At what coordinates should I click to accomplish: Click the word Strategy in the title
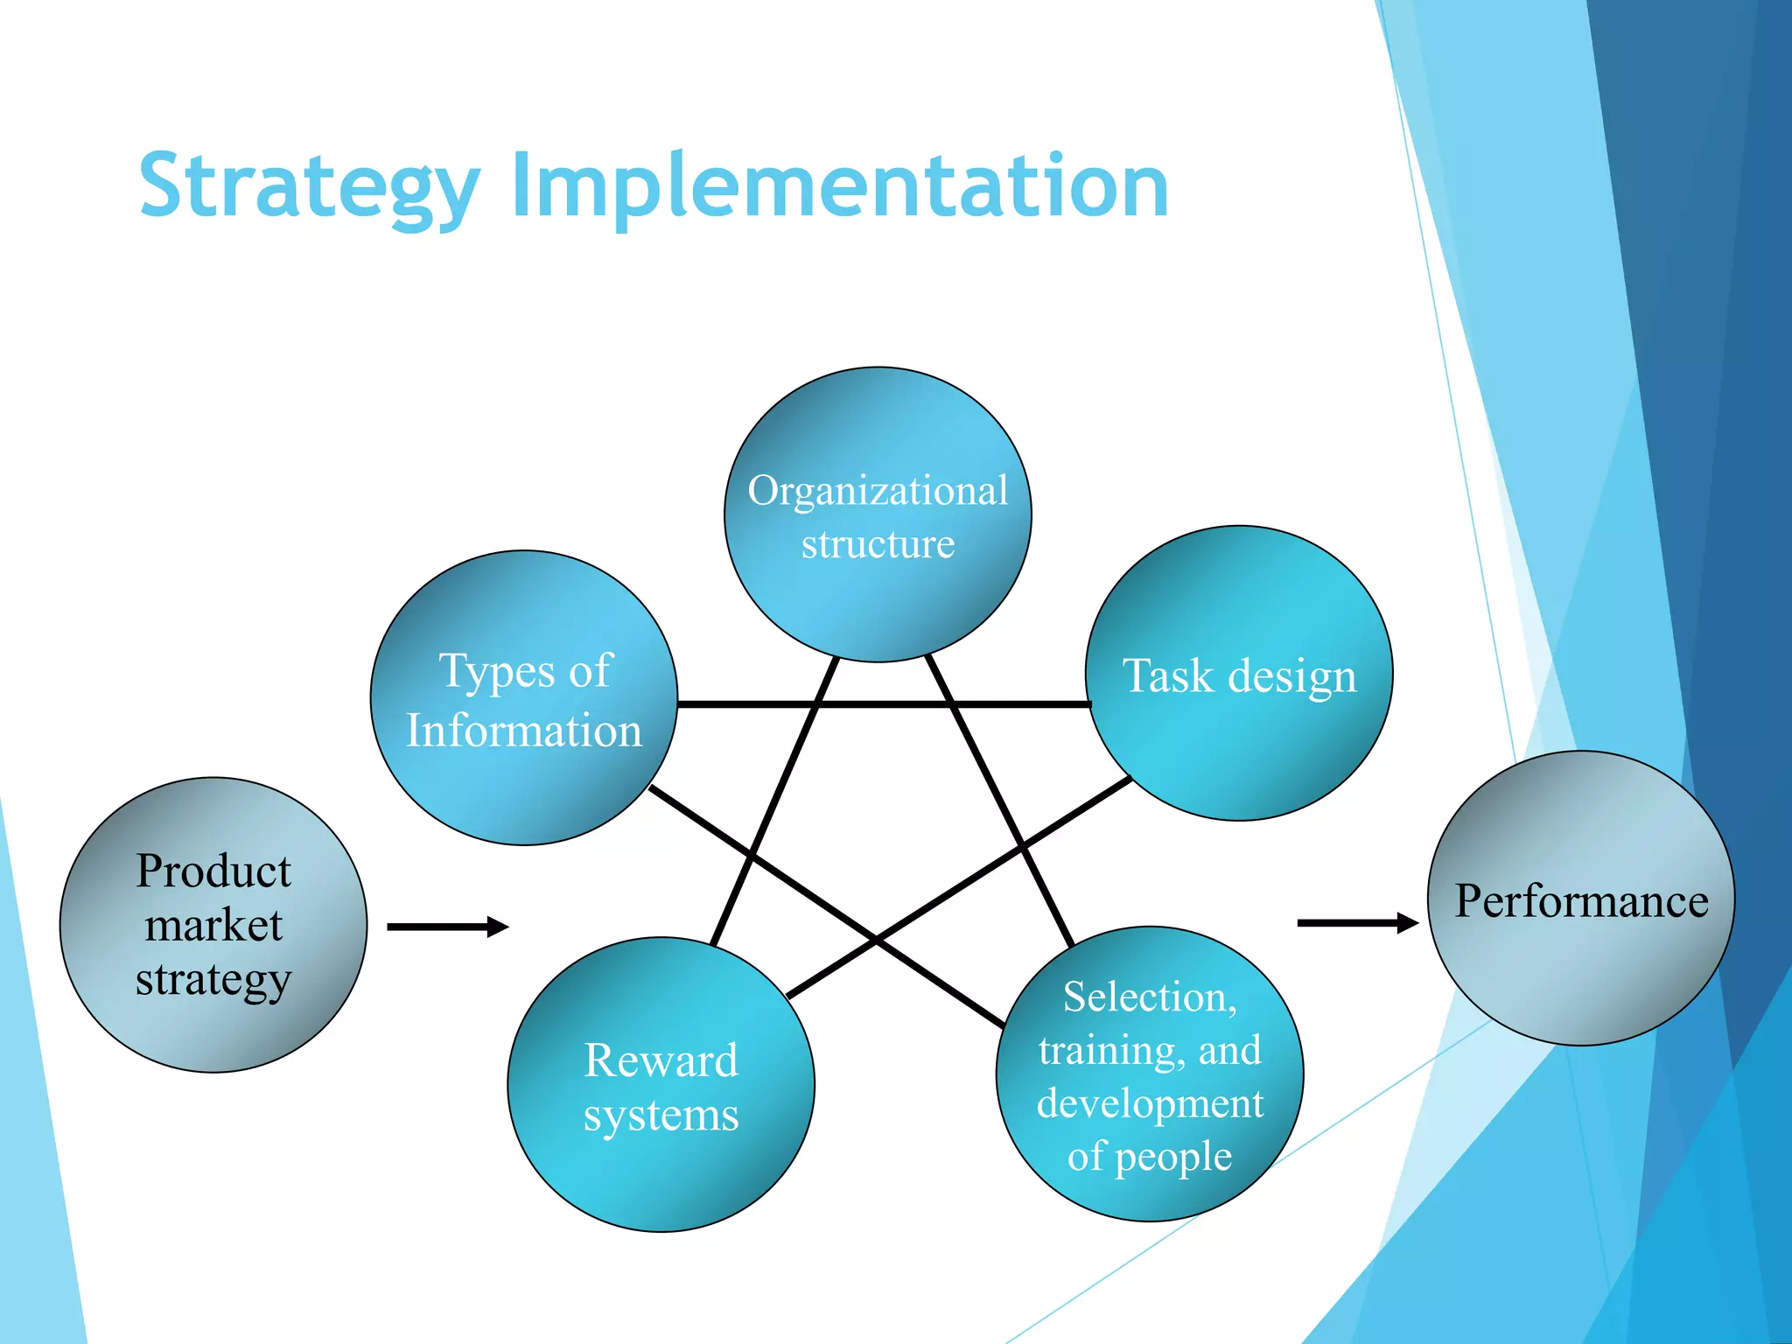point(310,186)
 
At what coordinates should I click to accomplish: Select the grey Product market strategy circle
point(213,1032)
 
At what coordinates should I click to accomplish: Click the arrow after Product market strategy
point(447,927)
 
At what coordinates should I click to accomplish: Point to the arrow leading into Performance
point(1356,923)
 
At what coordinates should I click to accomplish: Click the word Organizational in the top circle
point(878,491)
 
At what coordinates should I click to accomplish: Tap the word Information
point(523,731)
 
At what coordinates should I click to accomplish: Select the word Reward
point(661,1060)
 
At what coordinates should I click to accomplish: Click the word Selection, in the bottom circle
point(1150,997)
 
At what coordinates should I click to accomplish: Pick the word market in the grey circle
point(213,926)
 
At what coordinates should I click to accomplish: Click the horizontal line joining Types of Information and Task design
point(884,703)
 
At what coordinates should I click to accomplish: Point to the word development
point(1150,1104)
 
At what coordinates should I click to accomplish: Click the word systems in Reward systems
point(661,1116)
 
